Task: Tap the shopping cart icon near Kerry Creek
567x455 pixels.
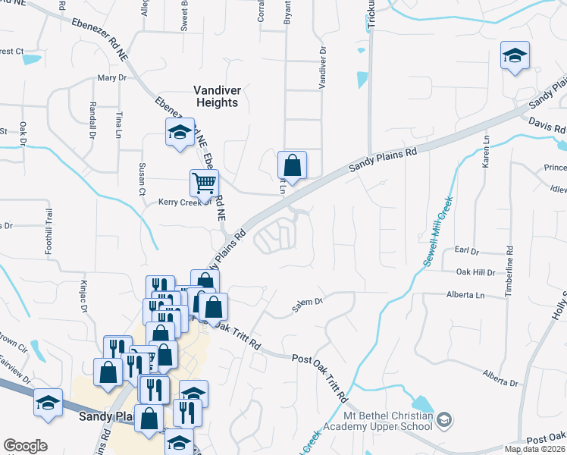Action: point(204,183)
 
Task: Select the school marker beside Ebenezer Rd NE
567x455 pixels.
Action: point(180,133)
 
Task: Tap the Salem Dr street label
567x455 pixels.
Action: point(309,306)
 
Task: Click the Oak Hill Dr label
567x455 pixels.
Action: point(475,271)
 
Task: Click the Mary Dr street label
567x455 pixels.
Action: point(111,78)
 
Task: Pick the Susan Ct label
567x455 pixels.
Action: point(141,179)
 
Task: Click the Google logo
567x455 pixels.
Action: point(25,446)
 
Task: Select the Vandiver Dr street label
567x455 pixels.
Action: point(322,69)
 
